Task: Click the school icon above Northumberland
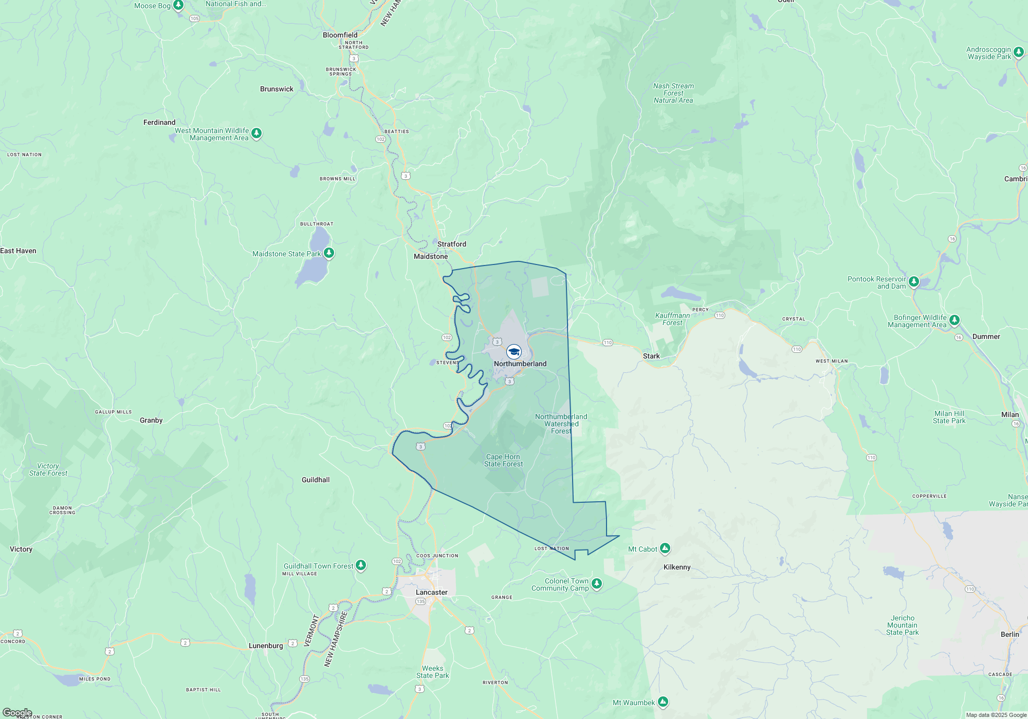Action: pyautogui.click(x=513, y=352)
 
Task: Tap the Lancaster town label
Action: pyautogui.click(x=431, y=592)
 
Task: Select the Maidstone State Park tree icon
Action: pyautogui.click(x=329, y=253)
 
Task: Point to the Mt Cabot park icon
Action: pyautogui.click(x=665, y=549)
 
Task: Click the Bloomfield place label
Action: pyautogui.click(x=340, y=35)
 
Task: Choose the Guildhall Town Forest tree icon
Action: pyautogui.click(x=361, y=565)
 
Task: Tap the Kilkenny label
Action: pyautogui.click(x=676, y=567)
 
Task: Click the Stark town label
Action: pyautogui.click(x=651, y=356)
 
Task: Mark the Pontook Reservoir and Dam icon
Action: pyautogui.click(x=913, y=281)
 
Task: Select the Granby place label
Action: pyautogui.click(x=151, y=420)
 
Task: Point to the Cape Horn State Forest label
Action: pyautogui.click(x=503, y=460)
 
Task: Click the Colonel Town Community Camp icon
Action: pyautogui.click(x=596, y=584)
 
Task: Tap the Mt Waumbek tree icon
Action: pyautogui.click(x=663, y=702)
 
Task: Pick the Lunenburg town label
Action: pyautogui.click(x=266, y=646)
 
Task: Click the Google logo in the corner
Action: pyautogui.click(x=17, y=713)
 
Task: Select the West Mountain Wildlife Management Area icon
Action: pyautogui.click(x=256, y=134)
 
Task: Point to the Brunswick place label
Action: pyautogui.click(x=277, y=89)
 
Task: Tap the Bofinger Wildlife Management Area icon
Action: pyautogui.click(x=954, y=320)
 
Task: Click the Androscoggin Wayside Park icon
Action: pyautogui.click(x=1018, y=52)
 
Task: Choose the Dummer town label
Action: pyautogui.click(x=986, y=336)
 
